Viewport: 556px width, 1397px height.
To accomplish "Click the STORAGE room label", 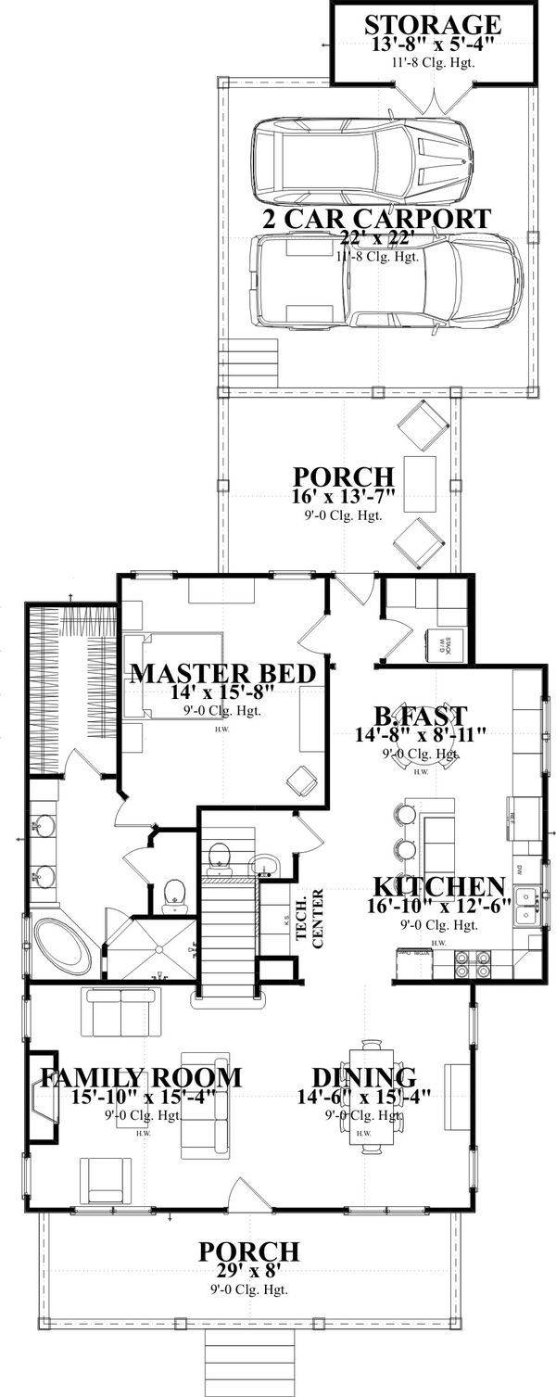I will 433,24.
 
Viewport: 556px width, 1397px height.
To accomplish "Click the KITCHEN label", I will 440,885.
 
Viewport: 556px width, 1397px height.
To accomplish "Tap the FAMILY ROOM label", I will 141,1078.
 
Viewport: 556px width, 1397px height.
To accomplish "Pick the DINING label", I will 363,1078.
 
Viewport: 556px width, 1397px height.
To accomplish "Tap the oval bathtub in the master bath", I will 61,945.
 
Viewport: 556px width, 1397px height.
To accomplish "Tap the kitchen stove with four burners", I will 473,965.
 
